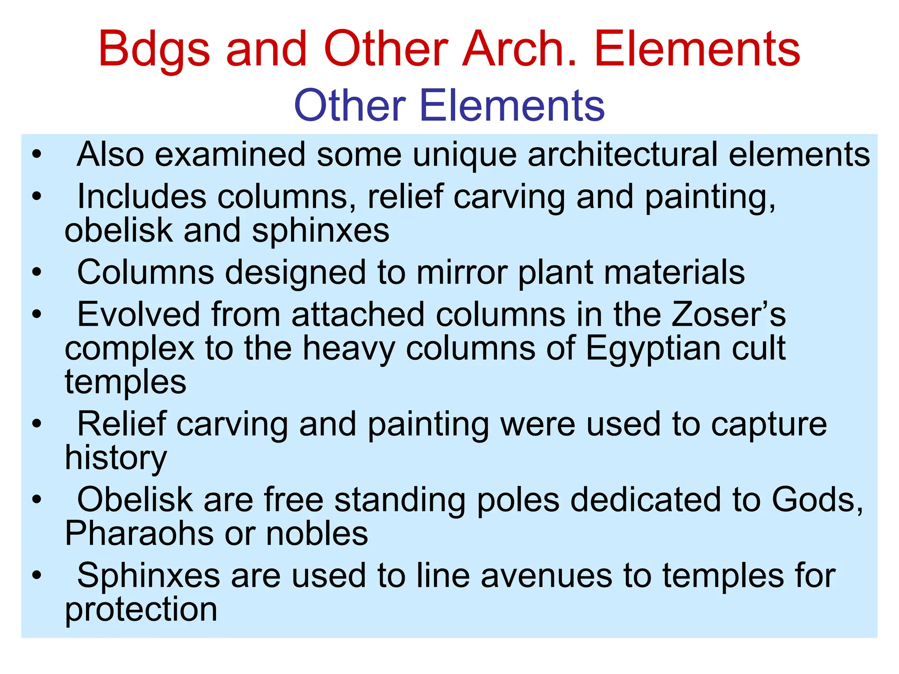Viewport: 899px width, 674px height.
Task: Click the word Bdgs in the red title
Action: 154,49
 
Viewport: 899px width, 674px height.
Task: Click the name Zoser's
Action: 729,315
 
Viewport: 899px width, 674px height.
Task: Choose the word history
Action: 116,458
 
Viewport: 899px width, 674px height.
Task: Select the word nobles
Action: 317,533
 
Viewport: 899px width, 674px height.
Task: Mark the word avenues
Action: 546,576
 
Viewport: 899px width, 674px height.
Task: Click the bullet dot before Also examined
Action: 37,155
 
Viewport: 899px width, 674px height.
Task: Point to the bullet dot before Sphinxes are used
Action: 37,576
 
